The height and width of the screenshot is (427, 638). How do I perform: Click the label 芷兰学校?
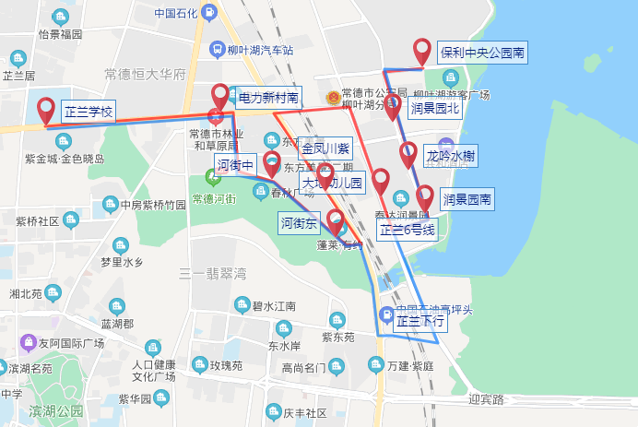88,113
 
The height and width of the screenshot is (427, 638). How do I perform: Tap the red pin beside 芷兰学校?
46,112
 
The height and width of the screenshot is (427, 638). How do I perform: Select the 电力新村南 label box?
268,97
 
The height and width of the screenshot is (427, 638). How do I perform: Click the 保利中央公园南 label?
482,53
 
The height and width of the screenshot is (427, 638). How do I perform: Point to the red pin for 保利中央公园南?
422,52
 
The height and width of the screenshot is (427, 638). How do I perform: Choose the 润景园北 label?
435,108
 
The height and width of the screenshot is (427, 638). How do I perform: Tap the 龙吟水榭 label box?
451,156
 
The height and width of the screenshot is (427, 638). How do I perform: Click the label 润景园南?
467,198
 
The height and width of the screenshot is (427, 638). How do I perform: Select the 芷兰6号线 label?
407,231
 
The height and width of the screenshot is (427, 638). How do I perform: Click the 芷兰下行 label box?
419,322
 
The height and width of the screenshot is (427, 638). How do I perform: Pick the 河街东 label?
299,223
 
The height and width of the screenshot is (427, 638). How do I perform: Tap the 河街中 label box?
234,165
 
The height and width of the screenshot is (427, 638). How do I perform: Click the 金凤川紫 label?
325,148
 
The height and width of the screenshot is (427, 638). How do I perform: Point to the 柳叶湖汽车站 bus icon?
217,50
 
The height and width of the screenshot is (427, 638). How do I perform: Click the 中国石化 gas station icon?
209,13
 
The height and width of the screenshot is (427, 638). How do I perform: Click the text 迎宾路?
487,399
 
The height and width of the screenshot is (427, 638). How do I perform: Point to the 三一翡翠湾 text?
213,273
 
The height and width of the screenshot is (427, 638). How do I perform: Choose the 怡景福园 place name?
61,35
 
